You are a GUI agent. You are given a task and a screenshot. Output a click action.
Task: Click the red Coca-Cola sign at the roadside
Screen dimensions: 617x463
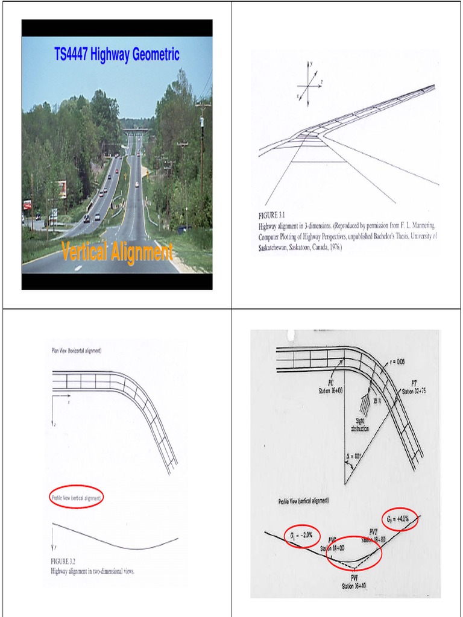point(27,205)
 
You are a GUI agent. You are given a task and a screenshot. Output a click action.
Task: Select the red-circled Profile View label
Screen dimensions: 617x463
point(77,497)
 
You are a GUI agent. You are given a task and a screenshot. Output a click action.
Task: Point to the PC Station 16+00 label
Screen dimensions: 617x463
point(331,387)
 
